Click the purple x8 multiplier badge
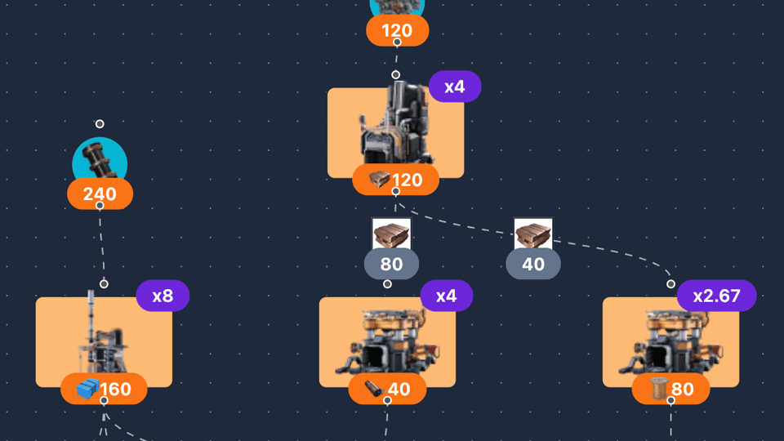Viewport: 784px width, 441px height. click(x=163, y=296)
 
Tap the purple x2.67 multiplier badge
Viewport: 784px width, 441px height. click(x=716, y=296)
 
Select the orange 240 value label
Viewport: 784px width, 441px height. click(x=100, y=194)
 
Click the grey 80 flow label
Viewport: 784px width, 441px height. click(x=391, y=265)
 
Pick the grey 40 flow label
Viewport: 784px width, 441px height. click(x=532, y=265)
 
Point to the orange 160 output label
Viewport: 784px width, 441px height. click(x=104, y=389)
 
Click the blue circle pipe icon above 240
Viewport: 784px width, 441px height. click(x=100, y=159)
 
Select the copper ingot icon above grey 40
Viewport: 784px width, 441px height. click(x=532, y=234)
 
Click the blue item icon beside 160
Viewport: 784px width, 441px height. click(x=87, y=389)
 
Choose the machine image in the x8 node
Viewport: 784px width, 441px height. click(x=103, y=335)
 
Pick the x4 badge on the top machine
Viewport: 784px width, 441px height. click(x=455, y=87)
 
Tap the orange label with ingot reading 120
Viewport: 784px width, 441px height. click(x=395, y=180)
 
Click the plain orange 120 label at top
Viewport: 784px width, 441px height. click(x=397, y=32)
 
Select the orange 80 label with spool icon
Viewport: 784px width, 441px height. click(x=670, y=390)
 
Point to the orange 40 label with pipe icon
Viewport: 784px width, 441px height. click(x=387, y=390)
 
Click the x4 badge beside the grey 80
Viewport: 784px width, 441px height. click(x=447, y=296)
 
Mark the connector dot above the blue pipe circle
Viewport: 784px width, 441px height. click(x=100, y=124)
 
